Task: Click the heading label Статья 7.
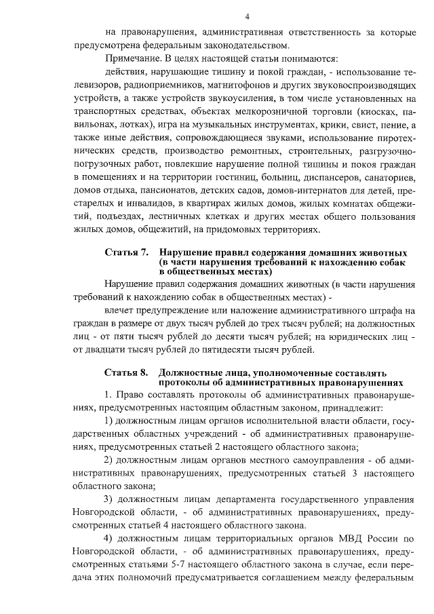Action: click(x=127, y=252)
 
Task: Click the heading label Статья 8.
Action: click(x=127, y=373)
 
